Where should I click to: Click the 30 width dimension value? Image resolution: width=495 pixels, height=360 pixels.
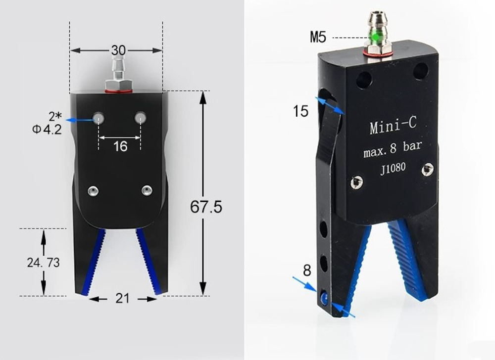click(x=118, y=50)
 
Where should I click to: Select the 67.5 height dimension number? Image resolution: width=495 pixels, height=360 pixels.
click(x=206, y=207)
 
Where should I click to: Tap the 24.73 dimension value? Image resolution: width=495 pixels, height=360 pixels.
click(x=43, y=262)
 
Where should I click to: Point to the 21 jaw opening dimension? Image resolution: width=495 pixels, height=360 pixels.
click(x=122, y=298)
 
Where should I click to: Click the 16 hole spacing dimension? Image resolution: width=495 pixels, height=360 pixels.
click(x=120, y=146)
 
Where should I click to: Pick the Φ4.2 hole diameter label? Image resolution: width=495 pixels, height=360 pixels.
click(x=47, y=130)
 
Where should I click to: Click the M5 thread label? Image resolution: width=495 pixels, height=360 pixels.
click(x=319, y=37)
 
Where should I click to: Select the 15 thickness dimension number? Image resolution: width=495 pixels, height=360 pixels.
click(x=300, y=111)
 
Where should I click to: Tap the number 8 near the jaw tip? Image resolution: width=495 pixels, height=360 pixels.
click(x=307, y=270)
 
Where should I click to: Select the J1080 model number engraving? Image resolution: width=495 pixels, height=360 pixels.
click(x=393, y=168)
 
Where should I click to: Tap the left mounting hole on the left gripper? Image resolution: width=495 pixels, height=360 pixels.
click(x=99, y=118)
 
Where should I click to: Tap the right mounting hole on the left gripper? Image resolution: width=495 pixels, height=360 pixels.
click(x=141, y=118)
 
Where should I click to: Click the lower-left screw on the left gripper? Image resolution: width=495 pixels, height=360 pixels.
click(x=93, y=190)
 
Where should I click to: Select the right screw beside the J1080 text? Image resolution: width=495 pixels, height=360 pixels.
click(x=428, y=170)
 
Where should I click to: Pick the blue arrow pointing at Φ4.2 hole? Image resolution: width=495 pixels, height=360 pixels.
click(x=79, y=120)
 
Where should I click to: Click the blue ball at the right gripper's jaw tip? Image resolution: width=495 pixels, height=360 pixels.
click(x=324, y=298)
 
